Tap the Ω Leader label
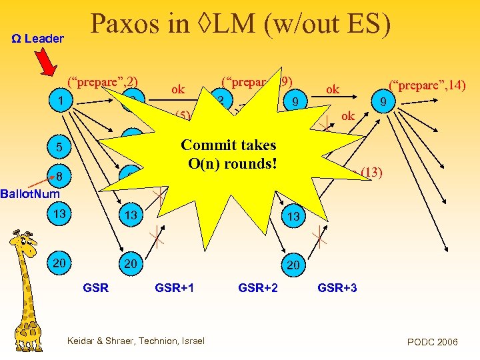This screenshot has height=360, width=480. point(38,39)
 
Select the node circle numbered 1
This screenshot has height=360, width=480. point(61,101)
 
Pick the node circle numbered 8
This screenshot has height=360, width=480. point(60,177)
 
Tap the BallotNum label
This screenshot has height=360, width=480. point(29,194)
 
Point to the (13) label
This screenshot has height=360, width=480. point(371,173)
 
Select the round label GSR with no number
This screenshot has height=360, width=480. point(95,288)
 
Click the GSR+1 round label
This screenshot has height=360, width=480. point(174,288)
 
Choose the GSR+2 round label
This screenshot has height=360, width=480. point(258,288)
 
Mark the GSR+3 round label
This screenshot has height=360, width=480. point(337,288)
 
